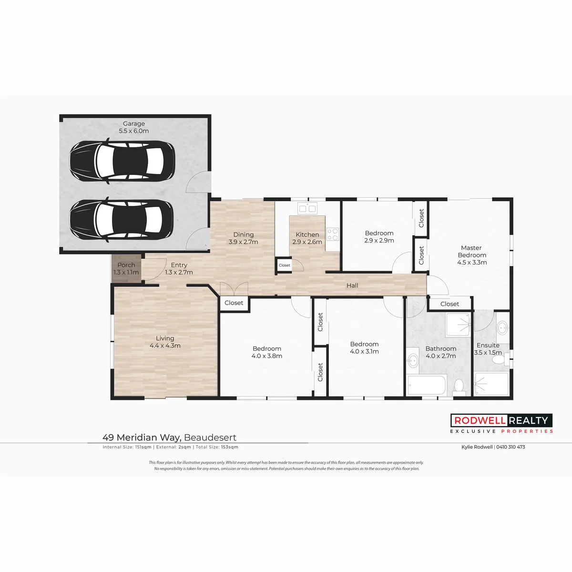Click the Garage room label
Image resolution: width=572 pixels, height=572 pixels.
pyautogui.click(x=134, y=123)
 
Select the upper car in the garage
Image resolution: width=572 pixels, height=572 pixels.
pyautogui.click(x=122, y=161)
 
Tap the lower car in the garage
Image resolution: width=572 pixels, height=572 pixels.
pyautogui.click(x=122, y=220)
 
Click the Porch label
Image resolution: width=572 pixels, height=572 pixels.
pyautogui.click(x=126, y=265)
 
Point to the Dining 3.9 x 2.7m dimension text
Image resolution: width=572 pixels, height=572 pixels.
pyautogui.click(x=243, y=242)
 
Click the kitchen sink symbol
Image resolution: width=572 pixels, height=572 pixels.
pyautogui.click(x=307, y=208)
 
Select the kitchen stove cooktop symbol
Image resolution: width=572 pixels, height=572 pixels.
pyautogui.click(x=333, y=234)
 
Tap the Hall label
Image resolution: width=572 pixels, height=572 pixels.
pyautogui.click(x=352, y=285)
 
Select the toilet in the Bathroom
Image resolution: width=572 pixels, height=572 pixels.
pyautogui.click(x=459, y=387)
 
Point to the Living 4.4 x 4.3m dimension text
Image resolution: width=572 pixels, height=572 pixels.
pyautogui.click(x=165, y=346)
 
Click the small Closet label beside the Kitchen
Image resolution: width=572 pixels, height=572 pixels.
pyautogui.click(x=285, y=265)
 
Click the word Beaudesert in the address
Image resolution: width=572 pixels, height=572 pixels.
pyautogui.click(x=210, y=438)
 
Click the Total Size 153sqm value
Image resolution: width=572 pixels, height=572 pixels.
pyautogui.click(x=229, y=447)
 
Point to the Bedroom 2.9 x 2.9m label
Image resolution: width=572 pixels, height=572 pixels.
pyautogui.click(x=379, y=237)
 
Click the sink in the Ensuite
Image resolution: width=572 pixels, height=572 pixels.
pyautogui.click(x=503, y=327)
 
